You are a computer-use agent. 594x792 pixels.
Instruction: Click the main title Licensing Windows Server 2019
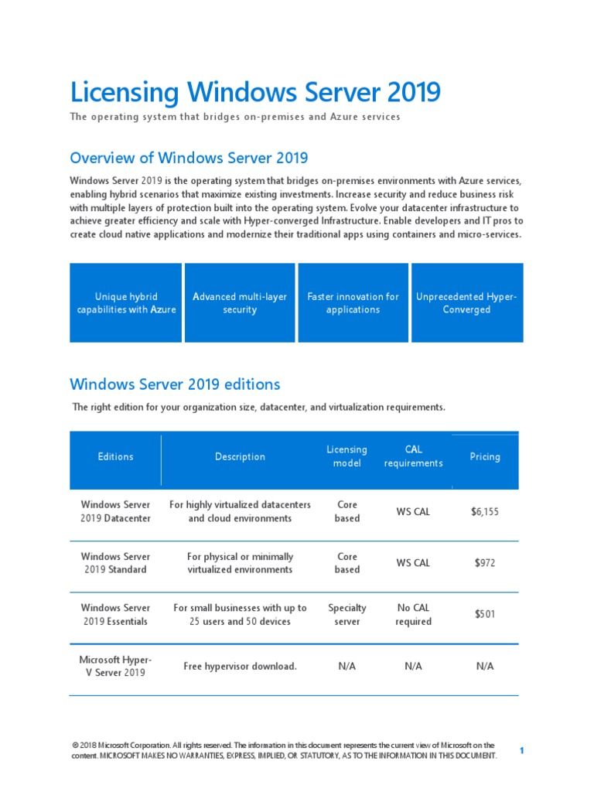click(255, 93)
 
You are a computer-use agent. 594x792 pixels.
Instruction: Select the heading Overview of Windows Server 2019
click(189, 158)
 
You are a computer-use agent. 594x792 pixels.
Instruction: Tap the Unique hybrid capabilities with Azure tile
click(126, 303)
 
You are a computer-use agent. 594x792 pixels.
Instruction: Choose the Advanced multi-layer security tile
click(239, 303)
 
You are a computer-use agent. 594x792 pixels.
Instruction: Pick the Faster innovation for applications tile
click(353, 303)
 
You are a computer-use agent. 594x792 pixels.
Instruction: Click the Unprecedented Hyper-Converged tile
click(467, 303)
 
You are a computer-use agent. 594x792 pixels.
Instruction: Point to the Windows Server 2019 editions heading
click(175, 384)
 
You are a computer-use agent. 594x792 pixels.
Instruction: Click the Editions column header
click(116, 457)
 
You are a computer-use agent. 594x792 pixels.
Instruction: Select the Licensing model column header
click(346, 456)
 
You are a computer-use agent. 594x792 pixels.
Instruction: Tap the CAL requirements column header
click(413, 456)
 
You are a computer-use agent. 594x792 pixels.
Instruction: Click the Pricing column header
click(485, 457)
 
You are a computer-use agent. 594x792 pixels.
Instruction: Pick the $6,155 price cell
click(485, 511)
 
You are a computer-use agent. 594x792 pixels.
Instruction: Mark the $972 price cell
click(485, 563)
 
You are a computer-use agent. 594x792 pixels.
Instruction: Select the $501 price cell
click(485, 614)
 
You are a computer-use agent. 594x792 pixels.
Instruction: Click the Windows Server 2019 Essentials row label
click(116, 615)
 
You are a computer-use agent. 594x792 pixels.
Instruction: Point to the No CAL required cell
click(413, 615)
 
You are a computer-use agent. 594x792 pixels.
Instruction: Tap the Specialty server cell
click(346, 615)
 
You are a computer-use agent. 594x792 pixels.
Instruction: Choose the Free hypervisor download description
click(240, 667)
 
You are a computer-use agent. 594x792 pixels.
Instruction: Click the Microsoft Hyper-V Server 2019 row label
click(116, 666)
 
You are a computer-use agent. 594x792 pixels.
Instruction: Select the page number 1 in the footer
click(522, 751)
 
